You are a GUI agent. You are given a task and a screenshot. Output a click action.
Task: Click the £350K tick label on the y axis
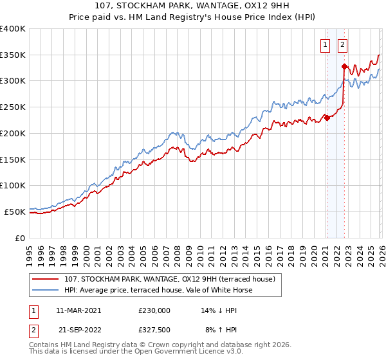click(13, 55)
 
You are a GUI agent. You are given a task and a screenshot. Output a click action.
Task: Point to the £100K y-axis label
click(13, 186)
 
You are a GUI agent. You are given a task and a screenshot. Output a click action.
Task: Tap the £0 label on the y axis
click(20, 238)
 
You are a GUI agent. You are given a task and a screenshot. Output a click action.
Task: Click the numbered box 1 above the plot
click(326, 45)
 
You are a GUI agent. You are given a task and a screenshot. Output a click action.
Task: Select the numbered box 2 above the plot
click(342, 45)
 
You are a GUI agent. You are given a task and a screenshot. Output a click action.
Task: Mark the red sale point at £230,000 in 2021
click(327, 118)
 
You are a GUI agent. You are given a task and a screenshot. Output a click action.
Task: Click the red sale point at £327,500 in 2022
click(344, 66)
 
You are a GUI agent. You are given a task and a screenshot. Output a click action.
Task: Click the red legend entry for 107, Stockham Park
click(169, 279)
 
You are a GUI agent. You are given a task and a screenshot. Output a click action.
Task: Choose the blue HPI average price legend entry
click(158, 290)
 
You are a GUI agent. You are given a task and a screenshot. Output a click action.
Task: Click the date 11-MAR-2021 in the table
click(78, 310)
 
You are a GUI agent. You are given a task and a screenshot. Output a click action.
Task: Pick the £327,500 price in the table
click(154, 329)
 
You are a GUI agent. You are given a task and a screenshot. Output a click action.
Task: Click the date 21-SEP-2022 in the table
click(78, 329)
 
